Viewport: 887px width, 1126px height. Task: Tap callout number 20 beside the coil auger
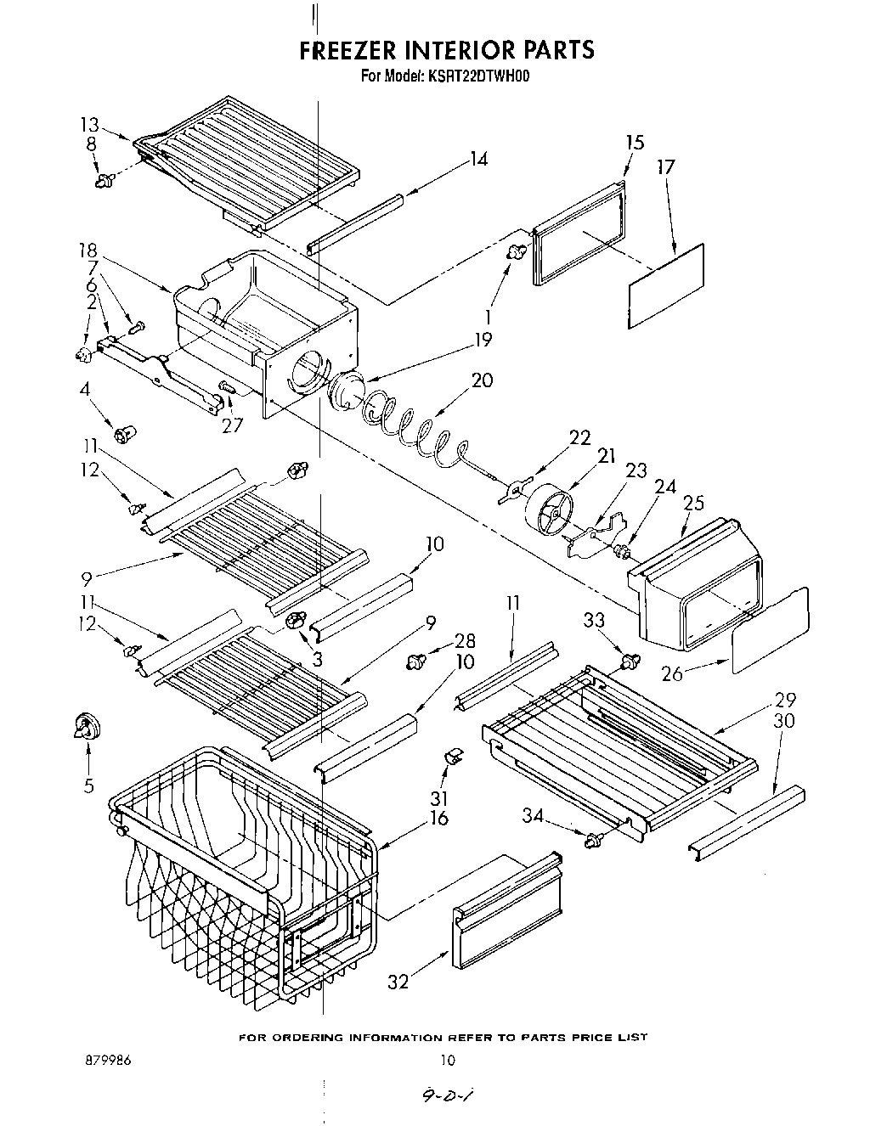tap(482, 380)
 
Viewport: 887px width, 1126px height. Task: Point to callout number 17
tap(665, 167)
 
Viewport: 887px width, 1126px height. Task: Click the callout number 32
tap(398, 982)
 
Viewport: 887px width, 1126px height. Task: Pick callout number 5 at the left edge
tap(89, 786)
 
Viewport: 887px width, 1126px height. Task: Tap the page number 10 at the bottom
tap(448, 1061)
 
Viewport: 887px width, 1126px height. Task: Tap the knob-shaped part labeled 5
tap(86, 729)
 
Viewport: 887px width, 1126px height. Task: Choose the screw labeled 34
tap(594, 840)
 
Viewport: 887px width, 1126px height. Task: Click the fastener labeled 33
tap(630, 661)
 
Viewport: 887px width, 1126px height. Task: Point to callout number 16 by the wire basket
tap(439, 819)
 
